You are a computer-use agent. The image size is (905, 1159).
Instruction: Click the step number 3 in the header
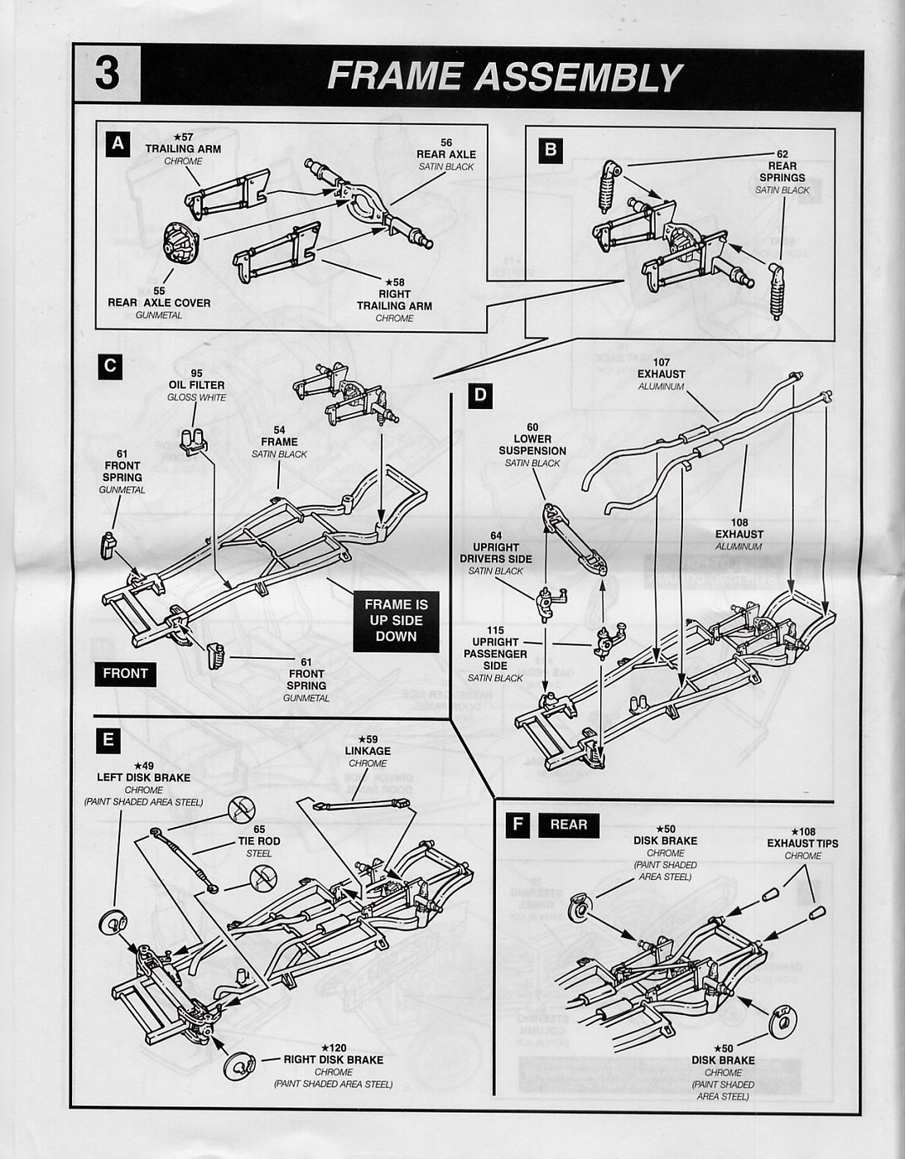(x=107, y=74)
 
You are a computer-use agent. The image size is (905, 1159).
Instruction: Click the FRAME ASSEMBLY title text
(x=504, y=77)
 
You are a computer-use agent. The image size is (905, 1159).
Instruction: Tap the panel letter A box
(x=118, y=144)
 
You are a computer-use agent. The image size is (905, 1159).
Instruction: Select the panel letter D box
(x=479, y=396)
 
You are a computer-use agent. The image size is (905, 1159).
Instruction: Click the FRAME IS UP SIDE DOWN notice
(x=396, y=621)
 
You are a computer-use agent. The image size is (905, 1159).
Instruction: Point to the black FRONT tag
(x=125, y=674)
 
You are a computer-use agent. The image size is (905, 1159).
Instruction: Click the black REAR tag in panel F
(x=568, y=825)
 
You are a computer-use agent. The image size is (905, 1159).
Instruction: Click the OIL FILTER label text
(x=196, y=385)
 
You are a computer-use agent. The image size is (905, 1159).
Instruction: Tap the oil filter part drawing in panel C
(x=193, y=441)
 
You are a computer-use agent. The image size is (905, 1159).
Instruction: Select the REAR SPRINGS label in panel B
(x=782, y=172)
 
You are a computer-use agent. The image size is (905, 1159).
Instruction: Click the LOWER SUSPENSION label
(x=532, y=445)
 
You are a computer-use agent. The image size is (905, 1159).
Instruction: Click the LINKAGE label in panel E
(x=368, y=751)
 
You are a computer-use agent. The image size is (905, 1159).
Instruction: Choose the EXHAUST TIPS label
(x=802, y=844)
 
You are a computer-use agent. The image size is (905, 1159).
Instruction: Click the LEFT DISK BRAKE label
(x=143, y=777)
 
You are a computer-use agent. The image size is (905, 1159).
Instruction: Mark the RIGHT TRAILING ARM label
(x=394, y=300)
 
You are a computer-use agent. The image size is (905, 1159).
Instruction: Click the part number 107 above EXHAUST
(x=661, y=362)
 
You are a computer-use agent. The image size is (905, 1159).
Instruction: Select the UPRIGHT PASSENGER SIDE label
(x=495, y=654)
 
